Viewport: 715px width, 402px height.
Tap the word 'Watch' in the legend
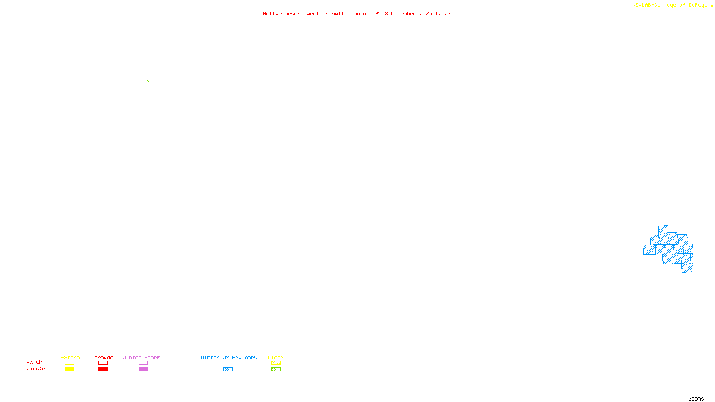pos(34,362)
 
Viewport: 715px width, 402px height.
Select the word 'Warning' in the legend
pos(37,369)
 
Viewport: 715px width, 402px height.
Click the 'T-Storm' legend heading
pos(69,357)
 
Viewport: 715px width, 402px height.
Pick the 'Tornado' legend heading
pos(102,357)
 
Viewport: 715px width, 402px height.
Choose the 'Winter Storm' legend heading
pos(141,357)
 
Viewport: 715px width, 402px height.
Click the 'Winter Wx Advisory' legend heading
pos(229,357)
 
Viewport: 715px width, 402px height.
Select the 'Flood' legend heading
pos(276,357)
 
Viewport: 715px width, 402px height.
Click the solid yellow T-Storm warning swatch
pos(69,369)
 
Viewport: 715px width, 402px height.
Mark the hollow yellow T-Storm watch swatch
pos(69,363)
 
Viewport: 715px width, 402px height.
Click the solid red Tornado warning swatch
pos(103,369)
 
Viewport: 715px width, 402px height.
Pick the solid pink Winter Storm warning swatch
pos(143,369)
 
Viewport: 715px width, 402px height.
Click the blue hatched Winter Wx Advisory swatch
pos(228,369)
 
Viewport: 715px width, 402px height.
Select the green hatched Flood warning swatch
pos(276,369)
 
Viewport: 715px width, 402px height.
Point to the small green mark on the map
pos(148,81)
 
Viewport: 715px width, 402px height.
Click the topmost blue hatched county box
pos(663,230)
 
